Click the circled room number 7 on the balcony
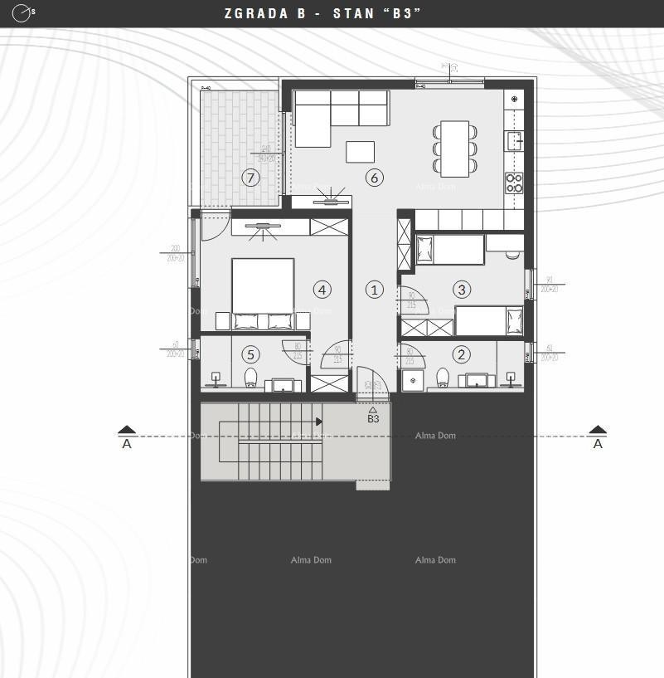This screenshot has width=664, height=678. pyautogui.click(x=250, y=177)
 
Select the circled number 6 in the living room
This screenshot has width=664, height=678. pyautogui.click(x=374, y=177)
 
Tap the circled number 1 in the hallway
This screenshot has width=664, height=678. pyautogui.click(x=374, y=290)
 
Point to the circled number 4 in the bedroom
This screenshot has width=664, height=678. pyautogui.click(x=322, y=289)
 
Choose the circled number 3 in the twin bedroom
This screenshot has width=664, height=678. pyautogui.click(x=462, y=289)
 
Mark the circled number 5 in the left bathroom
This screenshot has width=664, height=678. pyautogui.click(x=250, y=354)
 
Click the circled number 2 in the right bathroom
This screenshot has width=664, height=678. pyautogui.click(x=462, y=354)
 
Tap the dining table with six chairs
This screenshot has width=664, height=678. pyautogui.click(x=455, y=149)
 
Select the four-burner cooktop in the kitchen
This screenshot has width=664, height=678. pyautogui.click(x=514, y=183)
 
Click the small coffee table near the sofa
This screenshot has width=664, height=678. pyautogui.click(x=360, y=152)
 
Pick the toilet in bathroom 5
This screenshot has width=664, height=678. pyautogui.click(x=251, y=378)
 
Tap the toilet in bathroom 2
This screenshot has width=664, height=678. pyautogui.click(x=443, y=378)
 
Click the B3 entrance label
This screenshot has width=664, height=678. pyautogui.click(x=373, y=419)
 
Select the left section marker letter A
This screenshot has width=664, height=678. pyautogui.click(x=127, y=444)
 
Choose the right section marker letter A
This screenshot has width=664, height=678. pyautogui.click(x=598, y=444)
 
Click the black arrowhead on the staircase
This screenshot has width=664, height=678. pyautogui.click(x=319, y=422)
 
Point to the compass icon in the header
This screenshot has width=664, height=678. pyautogui.click(x=22, y=13)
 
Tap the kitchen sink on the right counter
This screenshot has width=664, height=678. pyautogui.click(x=514, y=139)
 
